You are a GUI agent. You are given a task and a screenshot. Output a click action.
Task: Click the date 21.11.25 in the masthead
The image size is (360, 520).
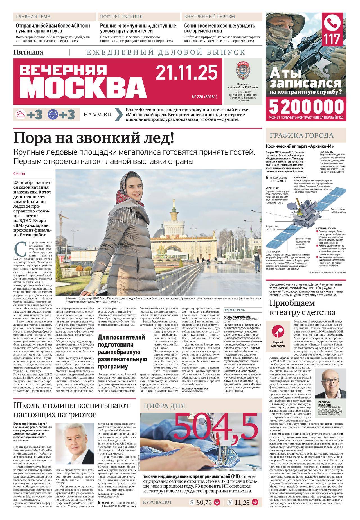(x=186, y=73)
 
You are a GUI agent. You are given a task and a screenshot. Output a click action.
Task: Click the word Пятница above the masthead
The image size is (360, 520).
(x=28, y=52)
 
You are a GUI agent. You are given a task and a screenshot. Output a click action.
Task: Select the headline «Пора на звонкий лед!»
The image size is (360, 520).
(x=94, y=138)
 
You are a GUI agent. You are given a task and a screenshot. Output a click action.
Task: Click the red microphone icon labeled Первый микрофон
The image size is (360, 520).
(x=278, y=333)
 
